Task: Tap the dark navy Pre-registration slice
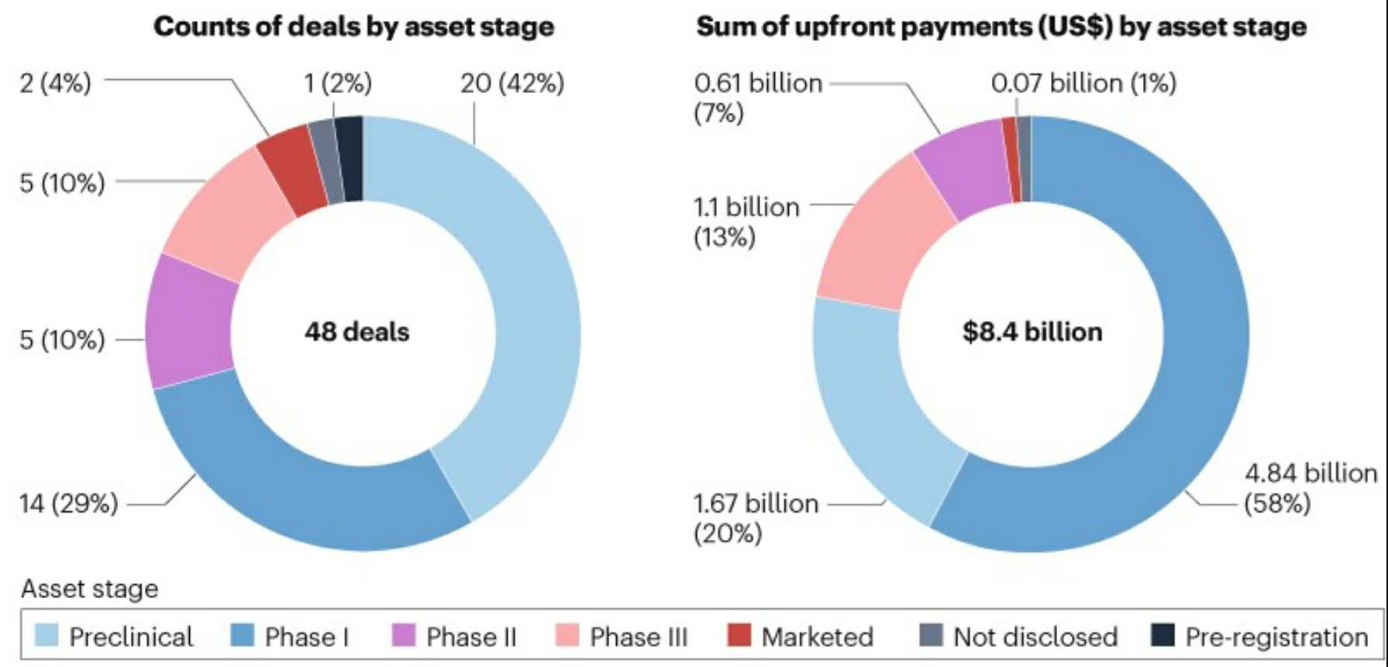click(x=350, y=159)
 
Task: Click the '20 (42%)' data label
click(x=512, y=84)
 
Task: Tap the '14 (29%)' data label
click(x=69, y=504)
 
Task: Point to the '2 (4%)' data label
click(x=55, y=82)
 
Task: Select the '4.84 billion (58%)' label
click(x=1310, y=488)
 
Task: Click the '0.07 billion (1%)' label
click(x=1083, y=83)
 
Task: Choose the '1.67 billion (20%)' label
click(x=756, y=517)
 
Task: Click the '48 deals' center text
click(x=356, y=332)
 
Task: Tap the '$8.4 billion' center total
click(x=1032, y=332)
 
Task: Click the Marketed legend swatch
click(x=739, y=636)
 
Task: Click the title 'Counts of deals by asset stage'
click(x=353, y=26)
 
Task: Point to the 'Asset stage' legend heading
click(x=90, y=589)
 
